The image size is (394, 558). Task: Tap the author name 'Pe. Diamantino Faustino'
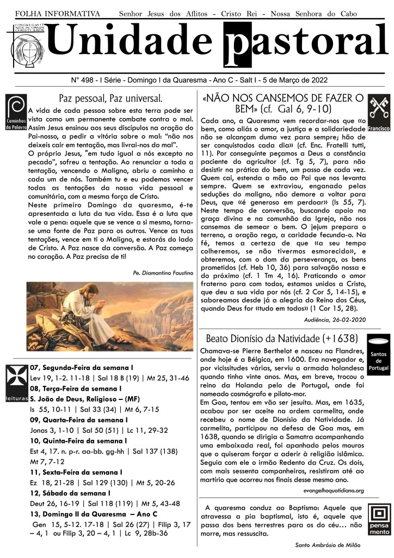pos(163,271)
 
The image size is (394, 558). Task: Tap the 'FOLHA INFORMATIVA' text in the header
pos(57,13)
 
